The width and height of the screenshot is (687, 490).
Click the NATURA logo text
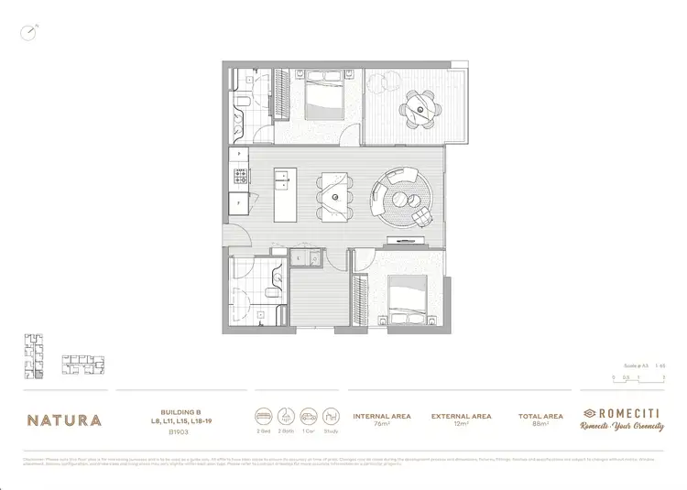click(64, 420)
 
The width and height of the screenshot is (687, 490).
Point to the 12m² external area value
click(461, 425)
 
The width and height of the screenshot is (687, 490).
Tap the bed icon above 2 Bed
click(264, 412)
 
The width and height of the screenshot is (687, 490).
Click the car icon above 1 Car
click(308, 412)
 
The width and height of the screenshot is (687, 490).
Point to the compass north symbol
click(32, 31)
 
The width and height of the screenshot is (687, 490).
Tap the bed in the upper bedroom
click(321, 98)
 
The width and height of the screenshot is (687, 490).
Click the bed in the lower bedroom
click(405, 302)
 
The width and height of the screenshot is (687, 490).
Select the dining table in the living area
click(335, 197)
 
